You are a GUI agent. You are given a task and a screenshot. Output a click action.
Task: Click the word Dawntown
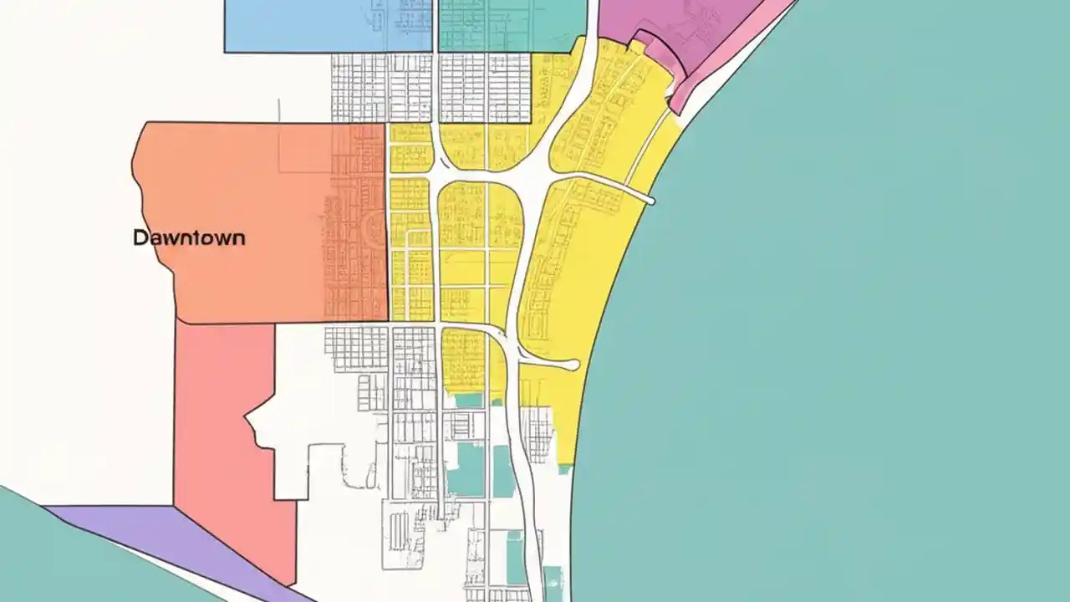189,237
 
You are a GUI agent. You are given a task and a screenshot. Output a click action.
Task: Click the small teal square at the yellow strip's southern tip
565,468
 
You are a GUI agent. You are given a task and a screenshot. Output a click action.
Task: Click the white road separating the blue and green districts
436,25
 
